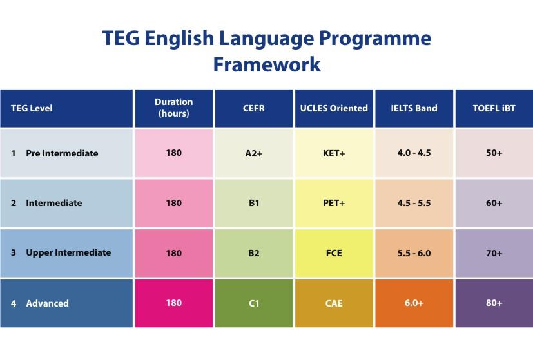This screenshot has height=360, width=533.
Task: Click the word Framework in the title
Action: pyautogui.click(x=267, y=64)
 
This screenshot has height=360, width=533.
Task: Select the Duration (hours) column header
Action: pyautogui.click(x=174, y=108)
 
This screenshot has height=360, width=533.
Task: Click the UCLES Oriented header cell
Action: pyautogui.click(x=334, y=108)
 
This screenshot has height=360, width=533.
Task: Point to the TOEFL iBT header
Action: pyautogui.click(x=494, y=108)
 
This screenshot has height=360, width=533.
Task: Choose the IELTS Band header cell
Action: pyautogui.click(x=414, y=108)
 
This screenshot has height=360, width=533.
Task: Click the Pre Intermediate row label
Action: pyautogui.click(x=62, y=153)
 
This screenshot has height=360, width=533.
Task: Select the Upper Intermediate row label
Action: pyautogui.click(x=68, y=252)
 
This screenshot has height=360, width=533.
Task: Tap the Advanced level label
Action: pyautogui.click(x=47, y=303)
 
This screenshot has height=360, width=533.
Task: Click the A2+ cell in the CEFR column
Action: pyautogui.click(x=254, y=153)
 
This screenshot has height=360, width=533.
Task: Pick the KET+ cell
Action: pyautogui.click(x=334, y=153)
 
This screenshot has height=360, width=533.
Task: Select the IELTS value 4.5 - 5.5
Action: pyautogui.click(x=414, y=203)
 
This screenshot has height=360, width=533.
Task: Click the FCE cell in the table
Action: pyautogui.click(x=334, y=253)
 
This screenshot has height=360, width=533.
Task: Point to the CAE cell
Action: pyautogui.click(x=334, y=303)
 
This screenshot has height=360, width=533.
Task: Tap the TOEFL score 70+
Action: pyautogui.click(x=494, y=253)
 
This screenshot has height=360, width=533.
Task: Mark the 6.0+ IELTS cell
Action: pyautogui.click(x=414, y=303)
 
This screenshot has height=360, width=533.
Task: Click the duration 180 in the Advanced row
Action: pyautogui.click(x=174, y=303)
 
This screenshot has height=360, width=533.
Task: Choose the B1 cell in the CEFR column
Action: pyautogui.click(x=254, y=203)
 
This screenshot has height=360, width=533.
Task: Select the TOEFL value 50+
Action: pyautogui.click(x=494, y=153)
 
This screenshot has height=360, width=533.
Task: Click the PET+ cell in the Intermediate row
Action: pyautogui.click(x=334, y=203)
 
